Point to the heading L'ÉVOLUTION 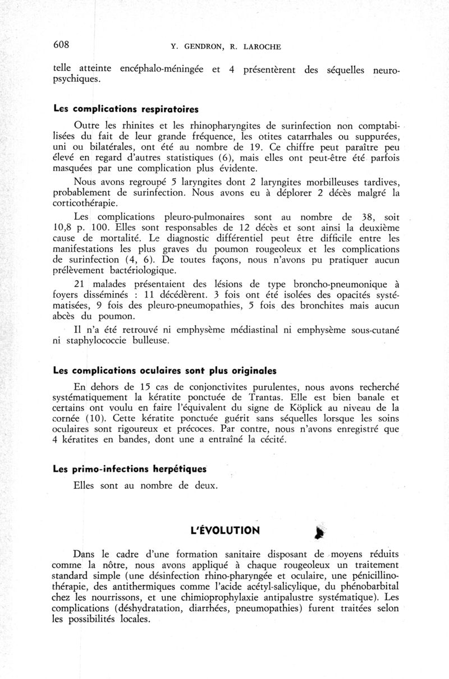[x=227, y=529]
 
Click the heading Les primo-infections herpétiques [x=122, y=468]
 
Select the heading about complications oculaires [x=164, y=371]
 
